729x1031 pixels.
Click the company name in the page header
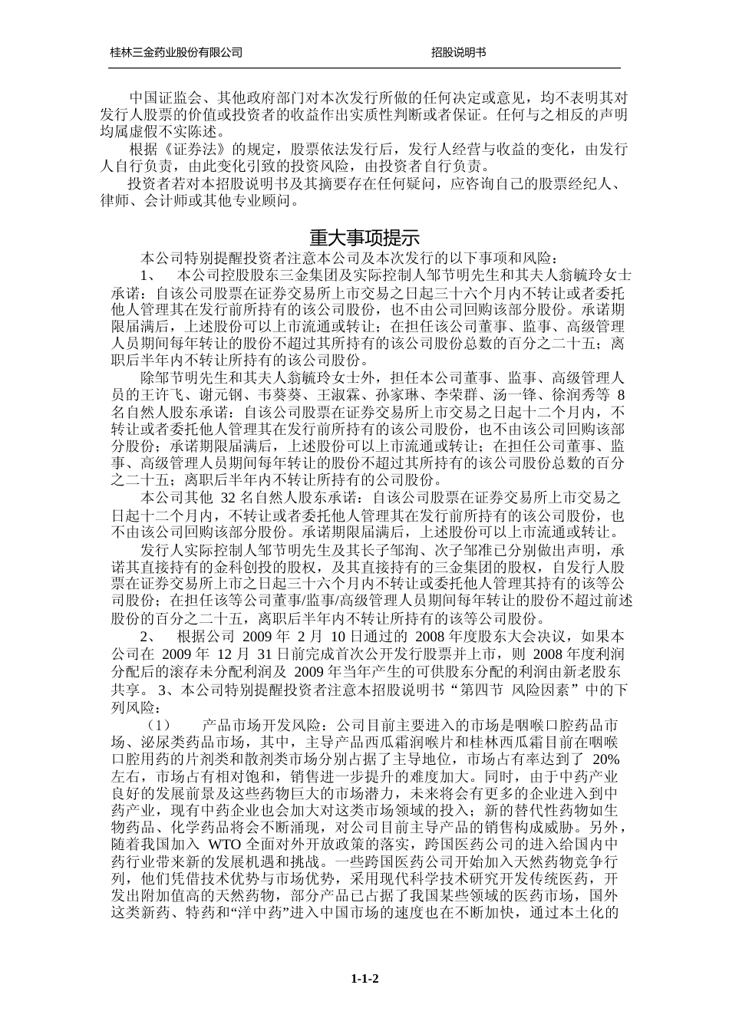click(x=176, y=52)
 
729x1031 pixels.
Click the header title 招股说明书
click(x=458, y=52)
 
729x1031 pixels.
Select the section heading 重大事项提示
click(x=364, y=237)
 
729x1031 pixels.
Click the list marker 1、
click(x=150, y=275)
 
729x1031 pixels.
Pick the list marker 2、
click(x=150, y=637)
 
